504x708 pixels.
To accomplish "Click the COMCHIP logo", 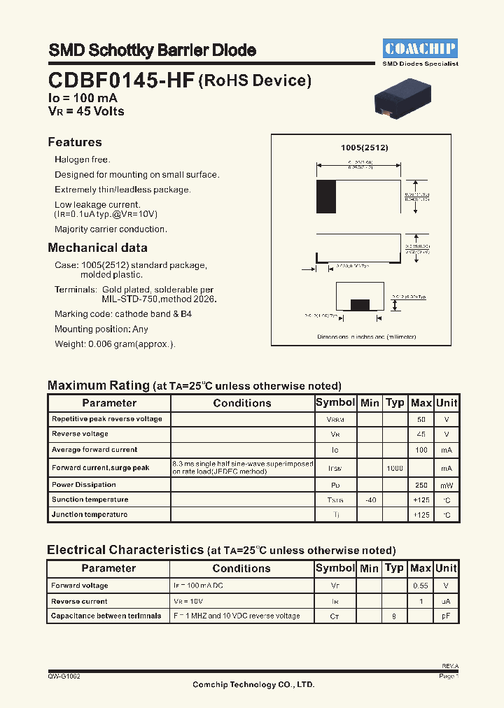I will point(420,48).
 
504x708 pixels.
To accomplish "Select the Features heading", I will point(75,142).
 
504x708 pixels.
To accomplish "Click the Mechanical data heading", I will point(97,248).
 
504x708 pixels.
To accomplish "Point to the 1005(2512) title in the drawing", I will point(364,148).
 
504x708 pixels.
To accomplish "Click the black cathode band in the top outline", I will point(326,197).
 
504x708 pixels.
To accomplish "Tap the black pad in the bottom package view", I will point(360,304).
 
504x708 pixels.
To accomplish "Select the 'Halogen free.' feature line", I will point(83,160).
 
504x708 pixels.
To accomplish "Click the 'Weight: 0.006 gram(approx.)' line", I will point(115,344).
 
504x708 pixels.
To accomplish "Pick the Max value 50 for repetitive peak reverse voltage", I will point(421,419).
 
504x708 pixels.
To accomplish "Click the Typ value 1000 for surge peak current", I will point(395,467).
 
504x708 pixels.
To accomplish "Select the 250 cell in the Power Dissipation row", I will point(421,485).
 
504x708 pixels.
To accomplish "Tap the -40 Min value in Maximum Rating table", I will point(370,500).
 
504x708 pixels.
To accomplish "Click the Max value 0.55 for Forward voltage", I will point(421,586).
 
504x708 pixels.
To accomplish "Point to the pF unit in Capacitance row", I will point(446,616).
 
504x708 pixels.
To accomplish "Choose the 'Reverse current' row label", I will point(79,601).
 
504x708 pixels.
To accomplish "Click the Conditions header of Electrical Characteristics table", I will point(241,569).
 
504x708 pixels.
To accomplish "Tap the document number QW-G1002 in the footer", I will point(64,677).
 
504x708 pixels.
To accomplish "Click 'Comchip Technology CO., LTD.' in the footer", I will point(253,685).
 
